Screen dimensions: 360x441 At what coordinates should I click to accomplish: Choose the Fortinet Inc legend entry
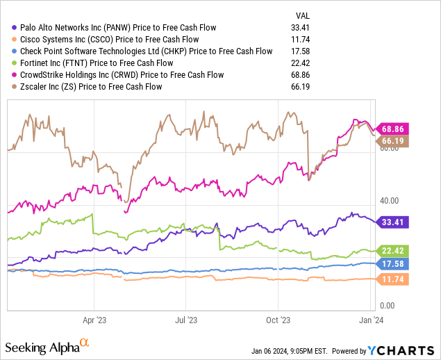(101, 63)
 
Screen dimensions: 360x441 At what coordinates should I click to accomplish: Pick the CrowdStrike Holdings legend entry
(122, 75)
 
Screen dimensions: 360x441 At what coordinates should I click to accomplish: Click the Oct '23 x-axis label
(278, 321)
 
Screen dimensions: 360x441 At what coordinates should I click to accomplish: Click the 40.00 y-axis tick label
(388, 201)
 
